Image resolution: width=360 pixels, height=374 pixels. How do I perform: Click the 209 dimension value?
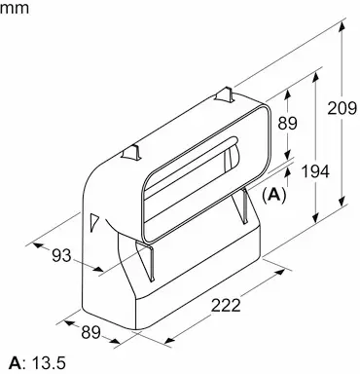[342, 108]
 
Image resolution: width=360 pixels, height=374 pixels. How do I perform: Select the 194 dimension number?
[315, 170]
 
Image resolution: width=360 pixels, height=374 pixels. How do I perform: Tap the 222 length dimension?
[226, 305]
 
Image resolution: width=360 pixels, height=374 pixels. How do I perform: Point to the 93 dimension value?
[61, 255]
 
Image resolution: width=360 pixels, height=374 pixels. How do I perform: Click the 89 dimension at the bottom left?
[91, 332]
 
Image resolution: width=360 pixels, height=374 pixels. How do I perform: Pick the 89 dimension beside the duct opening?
[287, 123]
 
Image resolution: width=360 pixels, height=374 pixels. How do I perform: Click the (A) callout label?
[274, 195]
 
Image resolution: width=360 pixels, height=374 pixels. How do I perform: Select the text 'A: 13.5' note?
[37, 362]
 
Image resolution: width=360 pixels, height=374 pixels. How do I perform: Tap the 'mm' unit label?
[15, 8]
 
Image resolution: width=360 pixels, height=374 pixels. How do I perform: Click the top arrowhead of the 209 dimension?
[342, 26]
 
